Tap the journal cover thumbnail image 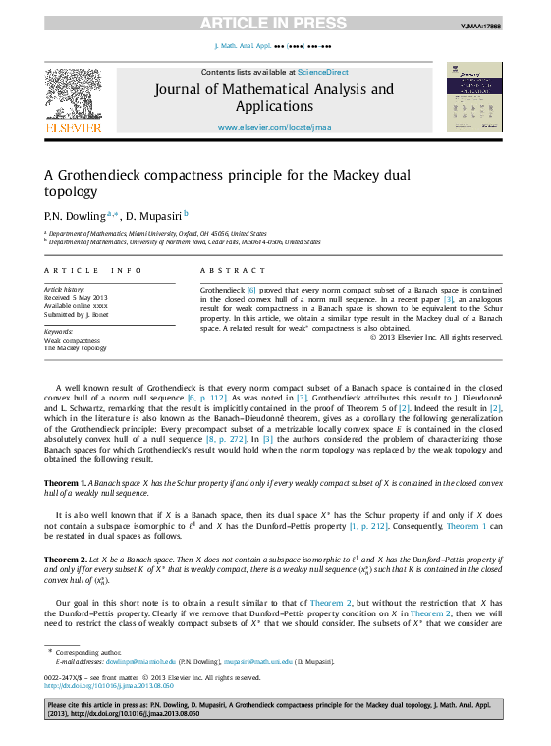coord(473,97)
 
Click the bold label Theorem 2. coord(65,559)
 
